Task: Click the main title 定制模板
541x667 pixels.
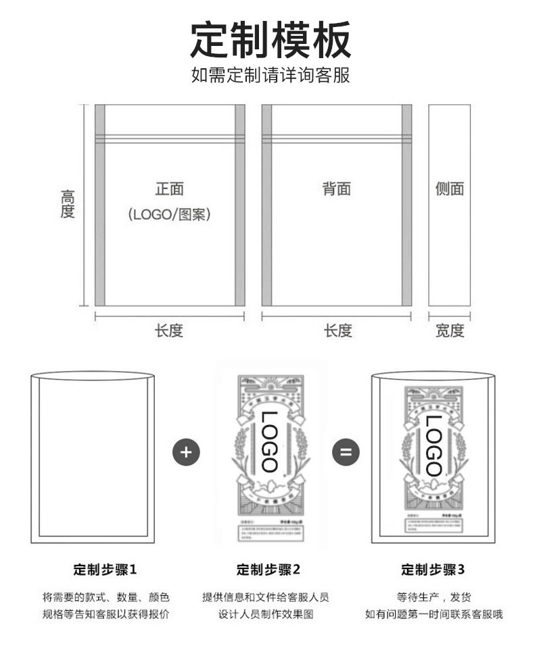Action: tap(270, 39)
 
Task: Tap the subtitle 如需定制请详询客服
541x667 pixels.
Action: tap(270, 74)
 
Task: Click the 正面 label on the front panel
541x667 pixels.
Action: tap(170, 189)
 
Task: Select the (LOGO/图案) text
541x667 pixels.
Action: tap(170, 215)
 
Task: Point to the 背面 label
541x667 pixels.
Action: tap(336, 189)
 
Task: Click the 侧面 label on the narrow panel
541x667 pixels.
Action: tap(450, 189)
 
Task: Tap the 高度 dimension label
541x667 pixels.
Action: tap(68, 204)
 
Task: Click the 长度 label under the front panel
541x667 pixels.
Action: tap(169, 330)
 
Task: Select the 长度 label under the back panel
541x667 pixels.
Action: tap(337, 330)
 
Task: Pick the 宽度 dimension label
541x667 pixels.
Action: tap(450, 330)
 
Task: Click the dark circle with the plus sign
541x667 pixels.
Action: tap(187, 451)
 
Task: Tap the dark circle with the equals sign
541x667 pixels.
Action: tap(346, 451)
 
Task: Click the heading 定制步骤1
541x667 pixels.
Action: tap(105, 570)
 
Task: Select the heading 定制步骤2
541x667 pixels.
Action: tap(268, 570)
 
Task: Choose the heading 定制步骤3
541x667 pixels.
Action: tap(433, 570)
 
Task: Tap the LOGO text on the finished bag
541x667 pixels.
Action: tap(433, 446)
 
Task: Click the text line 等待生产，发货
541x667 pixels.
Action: tap(433, 597)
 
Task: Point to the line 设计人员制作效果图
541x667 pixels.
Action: tap(266, 615)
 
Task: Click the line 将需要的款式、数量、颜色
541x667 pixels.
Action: tap(105, 597)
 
